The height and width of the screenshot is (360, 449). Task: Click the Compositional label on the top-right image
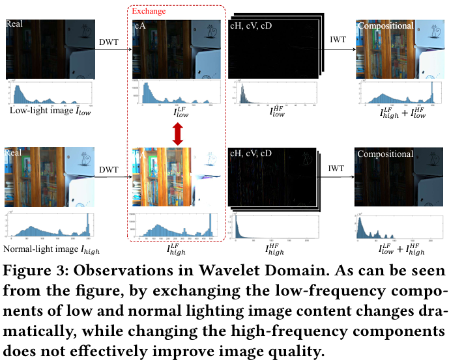click(x=385, y=25)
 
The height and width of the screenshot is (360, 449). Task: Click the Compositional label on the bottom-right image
click(x=385, y=154)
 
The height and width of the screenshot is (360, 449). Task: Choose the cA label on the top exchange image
click(x=139, y=25)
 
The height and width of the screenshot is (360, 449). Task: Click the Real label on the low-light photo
click(x=14, y=24)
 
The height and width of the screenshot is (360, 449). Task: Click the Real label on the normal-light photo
click(x=14, y=153)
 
